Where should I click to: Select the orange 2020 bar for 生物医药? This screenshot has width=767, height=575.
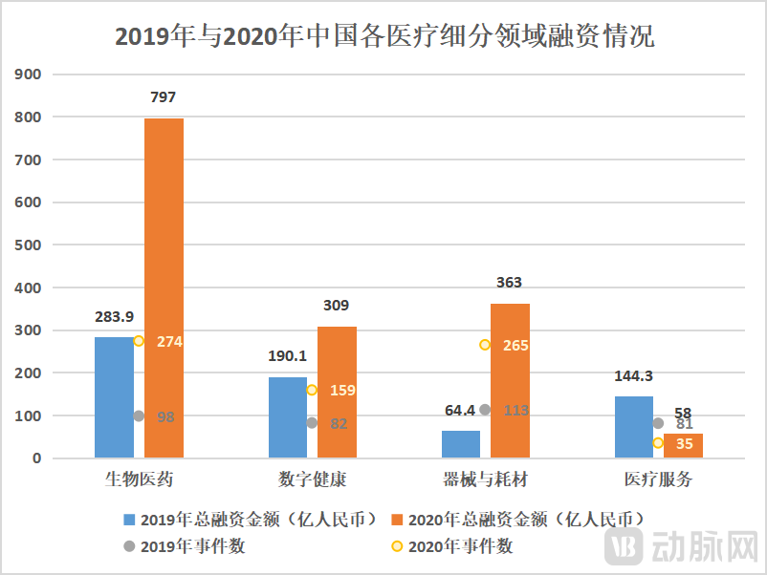[x=164, y=287]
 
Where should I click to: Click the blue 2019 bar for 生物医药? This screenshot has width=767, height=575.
[x=114, y=397]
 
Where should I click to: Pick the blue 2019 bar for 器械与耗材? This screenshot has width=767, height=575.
[x=461, y=444]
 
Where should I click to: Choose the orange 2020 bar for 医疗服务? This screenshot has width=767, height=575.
[x=683, y=446]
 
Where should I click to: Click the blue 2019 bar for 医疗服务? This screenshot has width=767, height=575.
[x=633, y=427]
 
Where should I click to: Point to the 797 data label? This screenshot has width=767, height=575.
[x=164, y=97]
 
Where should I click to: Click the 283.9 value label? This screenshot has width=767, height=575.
[x=114, y=316]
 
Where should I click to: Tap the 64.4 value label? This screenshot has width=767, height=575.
[x=461, y=410]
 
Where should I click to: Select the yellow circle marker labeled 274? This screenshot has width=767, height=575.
[x=139, y=341]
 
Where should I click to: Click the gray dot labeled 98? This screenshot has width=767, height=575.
[x=139, y=416]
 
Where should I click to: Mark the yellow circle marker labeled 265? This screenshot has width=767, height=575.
[x=485, y=345]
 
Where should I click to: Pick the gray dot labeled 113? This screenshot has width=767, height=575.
[x=485, y=410]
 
